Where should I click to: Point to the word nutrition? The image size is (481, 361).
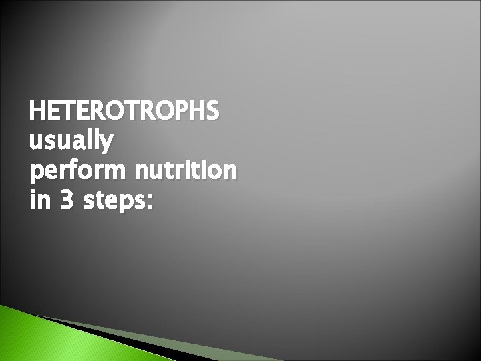click(x=184, y=172)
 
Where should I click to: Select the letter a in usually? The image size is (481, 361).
click(x=76, y=144)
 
